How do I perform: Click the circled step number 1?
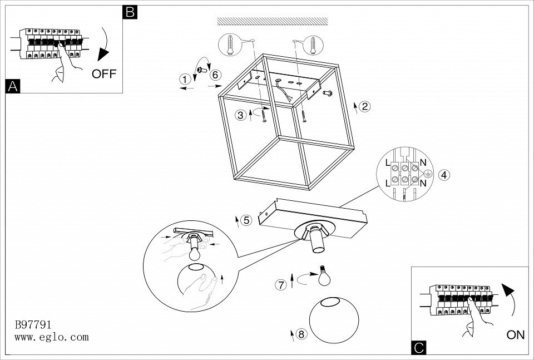[185, 80]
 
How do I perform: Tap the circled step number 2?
[364, 107]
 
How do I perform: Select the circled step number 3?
[240, 115]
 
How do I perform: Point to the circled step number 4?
[443, 175]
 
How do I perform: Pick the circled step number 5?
[247, 220]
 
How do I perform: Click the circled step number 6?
[216, 75]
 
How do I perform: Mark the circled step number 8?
[301, 334]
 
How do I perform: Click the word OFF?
[104, 74]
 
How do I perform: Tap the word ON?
[516, 334]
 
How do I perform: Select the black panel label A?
[12, 86]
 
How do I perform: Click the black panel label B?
[130, 12]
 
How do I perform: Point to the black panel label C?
[419, 348]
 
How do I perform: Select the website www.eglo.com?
[51, 337]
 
